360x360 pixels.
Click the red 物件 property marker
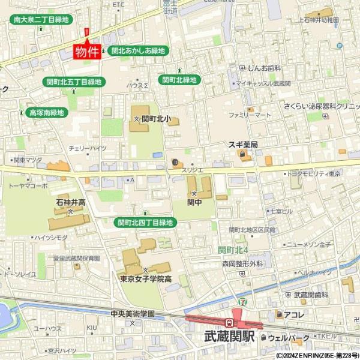tap(86, 52)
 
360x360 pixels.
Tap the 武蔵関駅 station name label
tap(230, 337)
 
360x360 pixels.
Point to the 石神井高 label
tap(70, 202)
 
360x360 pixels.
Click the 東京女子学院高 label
tap(145, 278)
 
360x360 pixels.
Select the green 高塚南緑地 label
tap(46, 112)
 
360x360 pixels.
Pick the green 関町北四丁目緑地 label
tap(146, 223)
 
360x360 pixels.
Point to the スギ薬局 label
tap(242, 145)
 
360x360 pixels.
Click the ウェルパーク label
tap(289, 338)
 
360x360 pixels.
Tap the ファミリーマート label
tap(250, 114)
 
